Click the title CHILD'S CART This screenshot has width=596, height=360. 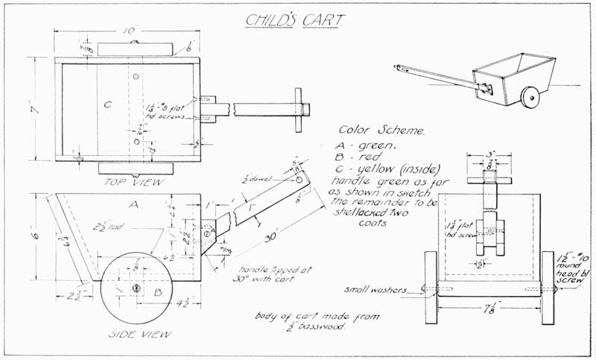tap(297, 19)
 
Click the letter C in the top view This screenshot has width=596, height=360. tap(107, 105)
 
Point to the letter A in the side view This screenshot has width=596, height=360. tap(134, 203)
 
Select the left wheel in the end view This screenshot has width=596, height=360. tap(430, 286)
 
